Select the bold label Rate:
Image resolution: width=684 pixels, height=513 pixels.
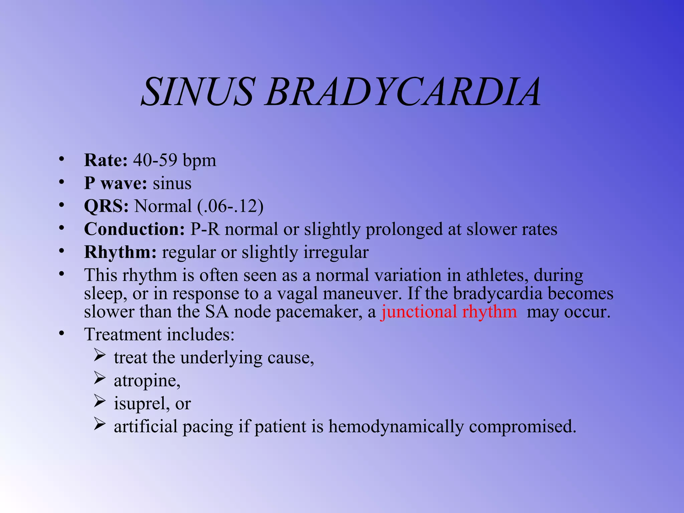coord(106,160)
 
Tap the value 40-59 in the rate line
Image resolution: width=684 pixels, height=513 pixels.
coord(155,160)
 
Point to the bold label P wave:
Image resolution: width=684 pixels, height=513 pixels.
coord(115,183)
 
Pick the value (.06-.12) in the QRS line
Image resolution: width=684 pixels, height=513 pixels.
coord(230,206)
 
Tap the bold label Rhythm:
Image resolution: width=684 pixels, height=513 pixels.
coord(120,252)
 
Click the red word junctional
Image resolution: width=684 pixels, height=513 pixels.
coord(419,312)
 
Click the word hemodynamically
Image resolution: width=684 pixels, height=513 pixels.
coord(396,426)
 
